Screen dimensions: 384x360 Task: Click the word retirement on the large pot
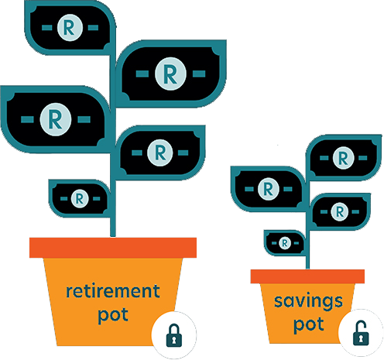pos(113,291)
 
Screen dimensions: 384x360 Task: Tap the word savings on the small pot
pos(308,301)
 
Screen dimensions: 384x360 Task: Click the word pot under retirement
pos(113,315)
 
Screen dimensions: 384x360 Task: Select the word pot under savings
pos(309,325)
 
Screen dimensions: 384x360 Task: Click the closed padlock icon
pos(174,335)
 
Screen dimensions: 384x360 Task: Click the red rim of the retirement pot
pos(113,248)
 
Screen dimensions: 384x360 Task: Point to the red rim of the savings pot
pos(307,276)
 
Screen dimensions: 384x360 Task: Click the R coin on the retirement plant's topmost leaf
pos(70,28)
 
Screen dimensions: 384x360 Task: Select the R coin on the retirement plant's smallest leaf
pos(80,198)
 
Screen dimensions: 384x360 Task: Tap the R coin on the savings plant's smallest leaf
pos(285,243)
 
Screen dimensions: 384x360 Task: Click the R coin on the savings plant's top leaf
pos(343,158)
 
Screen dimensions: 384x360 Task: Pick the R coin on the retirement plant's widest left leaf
pos(55,119)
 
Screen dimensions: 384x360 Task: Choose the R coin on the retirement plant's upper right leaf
pos(170,74)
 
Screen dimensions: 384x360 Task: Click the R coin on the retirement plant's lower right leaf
pos(160,153)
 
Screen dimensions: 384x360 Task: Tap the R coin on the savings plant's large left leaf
pos(269,189)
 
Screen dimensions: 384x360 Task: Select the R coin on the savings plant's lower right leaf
pos(340,211)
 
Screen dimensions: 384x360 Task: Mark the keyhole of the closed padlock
pos(174,339)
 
